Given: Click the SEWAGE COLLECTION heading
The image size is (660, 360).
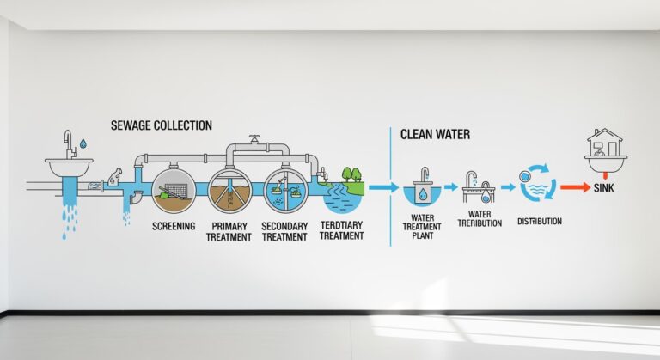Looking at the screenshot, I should point(161,125).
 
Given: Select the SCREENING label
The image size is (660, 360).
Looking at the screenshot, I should point(174,226).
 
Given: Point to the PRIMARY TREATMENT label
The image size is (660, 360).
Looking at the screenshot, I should point(229,231).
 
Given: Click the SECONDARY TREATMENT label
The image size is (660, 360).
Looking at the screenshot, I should point(284,231).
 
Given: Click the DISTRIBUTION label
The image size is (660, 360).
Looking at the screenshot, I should point(539,221).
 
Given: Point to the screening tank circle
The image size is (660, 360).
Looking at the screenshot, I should point(173,189).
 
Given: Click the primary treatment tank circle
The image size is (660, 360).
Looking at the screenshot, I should point(228,189).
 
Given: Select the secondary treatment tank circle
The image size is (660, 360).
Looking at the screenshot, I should point(284,189).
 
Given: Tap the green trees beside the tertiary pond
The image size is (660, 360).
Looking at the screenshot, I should point(352,174).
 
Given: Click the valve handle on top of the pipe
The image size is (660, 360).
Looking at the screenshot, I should point(254,138).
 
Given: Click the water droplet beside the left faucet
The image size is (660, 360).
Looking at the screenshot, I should point(82,142).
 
